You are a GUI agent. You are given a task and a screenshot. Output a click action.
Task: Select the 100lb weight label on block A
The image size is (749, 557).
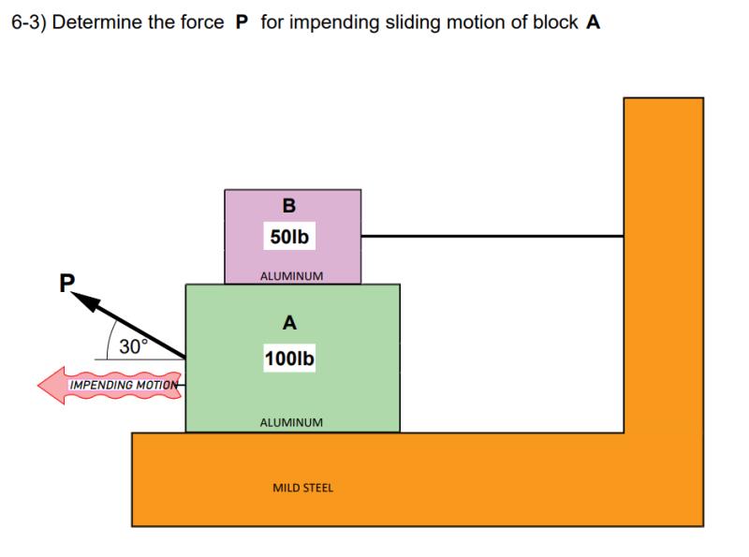click(290, 359)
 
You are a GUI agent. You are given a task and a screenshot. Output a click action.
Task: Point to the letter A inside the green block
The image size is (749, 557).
click(290, 324)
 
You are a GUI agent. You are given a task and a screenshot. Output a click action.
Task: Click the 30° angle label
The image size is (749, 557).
click(133, 346)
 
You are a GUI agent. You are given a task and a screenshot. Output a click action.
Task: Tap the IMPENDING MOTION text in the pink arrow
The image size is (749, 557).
click(124, 385)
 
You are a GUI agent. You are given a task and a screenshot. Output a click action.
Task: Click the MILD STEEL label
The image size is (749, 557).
click(302, 488)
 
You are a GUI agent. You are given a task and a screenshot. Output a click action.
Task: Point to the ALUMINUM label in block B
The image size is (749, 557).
click(291, 276)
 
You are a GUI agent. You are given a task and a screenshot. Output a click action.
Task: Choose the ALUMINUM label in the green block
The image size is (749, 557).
click(291, 422)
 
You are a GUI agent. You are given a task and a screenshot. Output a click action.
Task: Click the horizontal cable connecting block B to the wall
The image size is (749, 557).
click(492, 237)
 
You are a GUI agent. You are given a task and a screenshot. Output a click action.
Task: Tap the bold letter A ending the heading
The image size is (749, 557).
click(593, 22)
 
